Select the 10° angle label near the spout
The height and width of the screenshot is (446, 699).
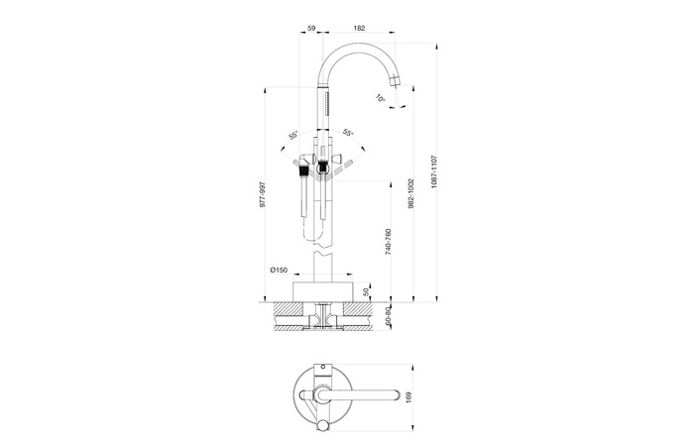pyautogui.click(x=382, y=98)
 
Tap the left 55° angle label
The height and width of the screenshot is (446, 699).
pyautogui.click(x=293, y=135)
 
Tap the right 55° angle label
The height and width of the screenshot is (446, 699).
pyautogui.click(x=348, y=133)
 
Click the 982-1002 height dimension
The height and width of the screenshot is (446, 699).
pyautogui.click(x=410, y=194)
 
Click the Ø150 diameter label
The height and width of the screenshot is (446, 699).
pyautogui.click(x=280, y=271)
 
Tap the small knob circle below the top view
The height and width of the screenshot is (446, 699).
pyautogui.click(x=322, y=428)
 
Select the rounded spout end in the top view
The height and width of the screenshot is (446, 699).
pyautogui.click(x=396, y=396)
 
